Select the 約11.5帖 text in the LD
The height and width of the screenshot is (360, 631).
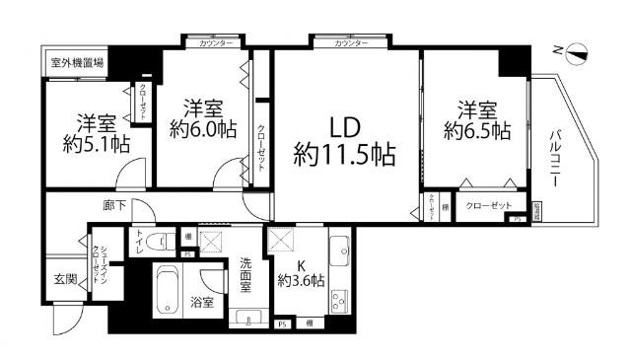click(x=344, y=154)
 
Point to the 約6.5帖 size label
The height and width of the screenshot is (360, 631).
click(x=476, y=129)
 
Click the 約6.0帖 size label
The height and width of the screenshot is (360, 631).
click(x=201, y=128)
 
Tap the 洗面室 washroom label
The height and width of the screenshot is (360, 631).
click(x=247, y=275)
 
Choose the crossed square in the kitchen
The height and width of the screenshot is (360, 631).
click(x=280, y=240)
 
